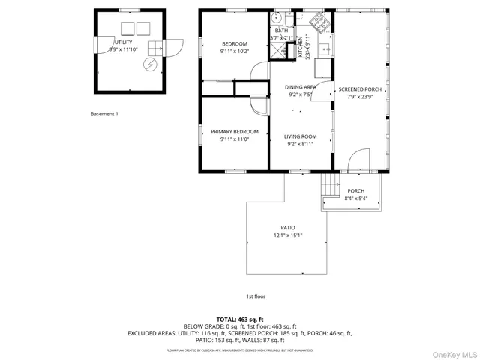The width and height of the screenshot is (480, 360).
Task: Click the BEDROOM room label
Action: (234, 44)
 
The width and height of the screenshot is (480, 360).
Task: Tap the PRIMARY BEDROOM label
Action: (234, 131)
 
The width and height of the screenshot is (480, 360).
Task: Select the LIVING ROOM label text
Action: (301, 136)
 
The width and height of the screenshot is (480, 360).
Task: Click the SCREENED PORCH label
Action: (365, 89)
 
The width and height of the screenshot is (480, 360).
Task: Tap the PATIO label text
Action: (288, 228)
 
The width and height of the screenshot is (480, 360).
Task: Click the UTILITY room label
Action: (123, 43)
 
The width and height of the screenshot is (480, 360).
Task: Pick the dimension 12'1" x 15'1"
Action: (288, 235)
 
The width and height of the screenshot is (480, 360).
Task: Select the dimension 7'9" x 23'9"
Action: (365, 97)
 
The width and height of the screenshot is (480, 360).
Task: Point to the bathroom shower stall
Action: (278, 50)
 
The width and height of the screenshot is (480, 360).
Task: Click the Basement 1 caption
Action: (104, 114)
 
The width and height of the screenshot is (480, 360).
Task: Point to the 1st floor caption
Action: (256, 295)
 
